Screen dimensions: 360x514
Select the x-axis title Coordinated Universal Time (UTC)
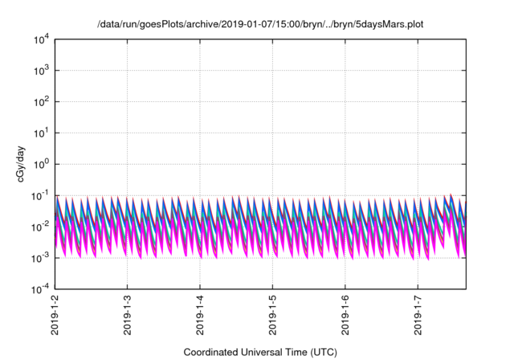point(259,352)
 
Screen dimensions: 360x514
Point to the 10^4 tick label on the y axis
point(42,39)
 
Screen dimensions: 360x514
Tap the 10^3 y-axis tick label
point(42,71)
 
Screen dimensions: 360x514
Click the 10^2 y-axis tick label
point(42,102)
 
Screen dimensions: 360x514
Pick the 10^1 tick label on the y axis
point(42,133)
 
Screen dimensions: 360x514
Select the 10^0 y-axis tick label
point(42,164)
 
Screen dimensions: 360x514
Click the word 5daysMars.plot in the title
point(390,25)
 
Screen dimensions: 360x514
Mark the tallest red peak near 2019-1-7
point(451,194)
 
